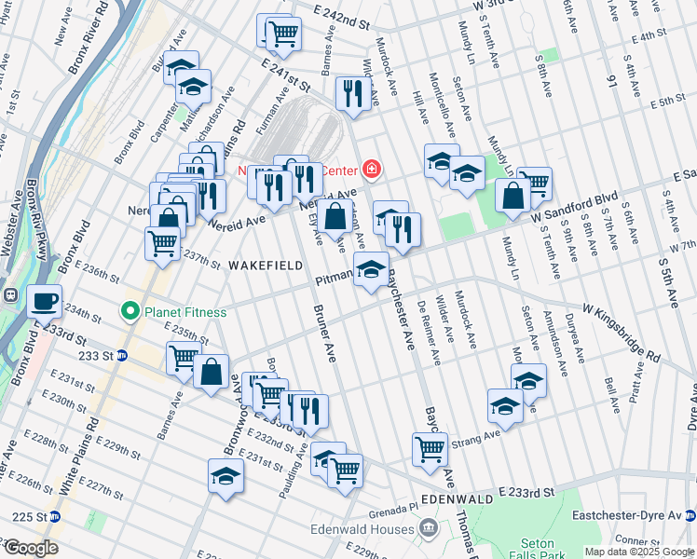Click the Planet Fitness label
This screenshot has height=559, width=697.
coord(184,311)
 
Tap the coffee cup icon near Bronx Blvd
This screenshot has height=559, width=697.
coord(44,301)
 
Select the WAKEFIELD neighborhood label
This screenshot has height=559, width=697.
coord(266,266)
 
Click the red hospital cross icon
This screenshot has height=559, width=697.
coord(372,169)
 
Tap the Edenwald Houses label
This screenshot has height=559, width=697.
coord(376,528)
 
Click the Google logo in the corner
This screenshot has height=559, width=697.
coord(31,547)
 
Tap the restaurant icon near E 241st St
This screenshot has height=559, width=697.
coord(352,92)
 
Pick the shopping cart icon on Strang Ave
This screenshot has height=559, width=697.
coord(430,449)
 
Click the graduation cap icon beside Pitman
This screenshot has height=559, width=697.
coord(371,270)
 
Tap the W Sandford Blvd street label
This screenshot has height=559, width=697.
coord(575,208)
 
